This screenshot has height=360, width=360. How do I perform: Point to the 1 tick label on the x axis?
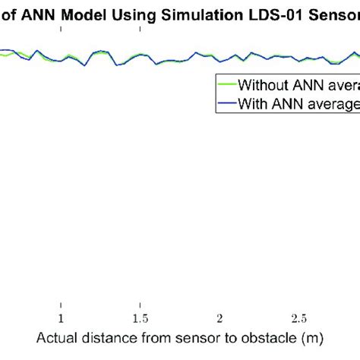pyautogui.click(x=62, y=317)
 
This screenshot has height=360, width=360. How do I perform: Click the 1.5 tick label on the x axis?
pyautogui.click(x=140, y=317)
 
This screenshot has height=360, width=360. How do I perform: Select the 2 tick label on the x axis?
pyautogui.click(x=219, y=317)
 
